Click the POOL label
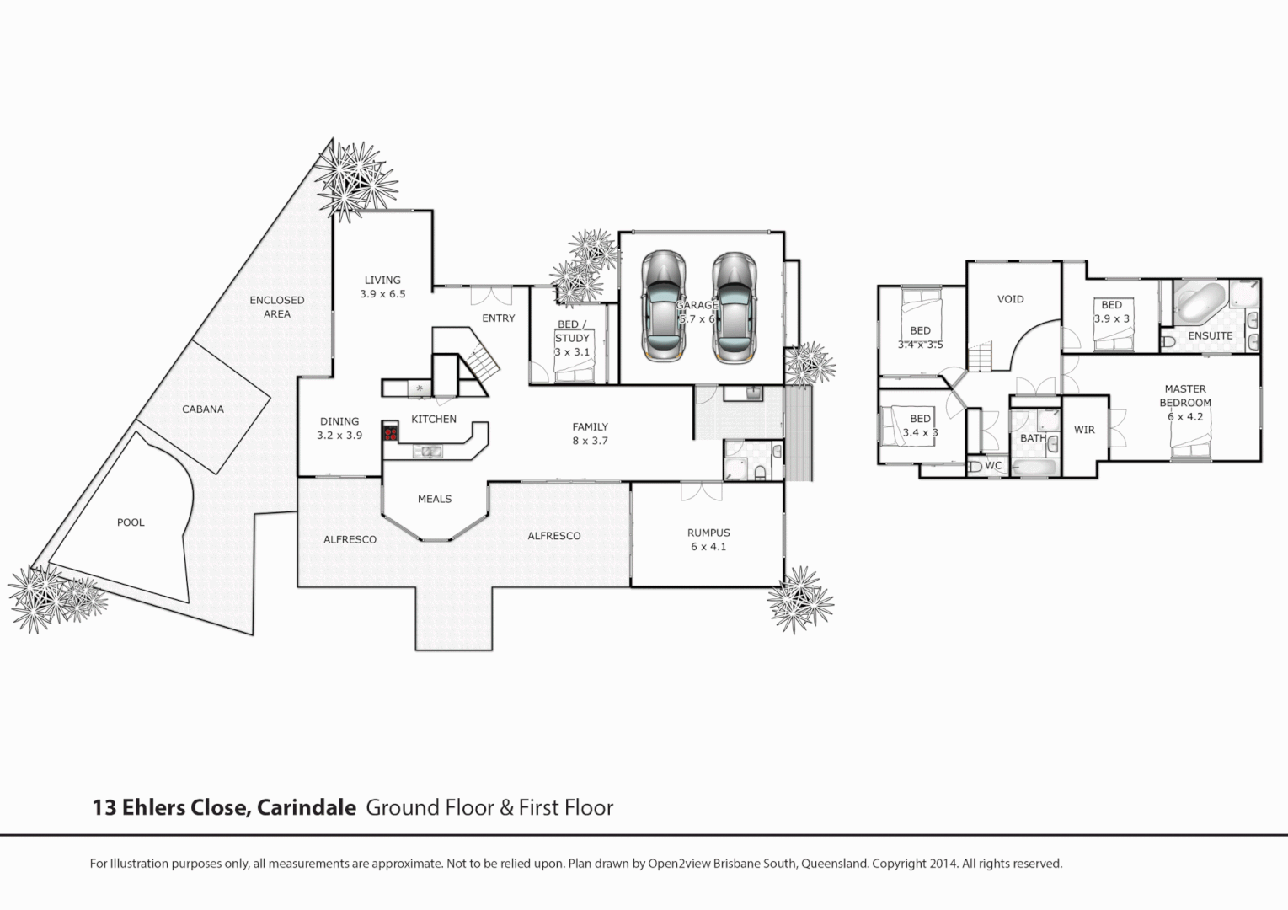tap(131, 522)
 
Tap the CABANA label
tap(203, 409)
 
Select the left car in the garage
tap(663, 305)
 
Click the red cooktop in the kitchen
tap(390, 433)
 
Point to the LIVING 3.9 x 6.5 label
tap(382, 287)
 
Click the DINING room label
tap(339, 428)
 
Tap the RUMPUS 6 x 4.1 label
tap(708, 539)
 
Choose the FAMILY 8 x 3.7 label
tap(590, 434)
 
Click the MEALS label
tap(435, 499)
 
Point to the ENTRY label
tap(498, 318)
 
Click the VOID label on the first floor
tap(1010, 299)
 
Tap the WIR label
tap(1084, 430)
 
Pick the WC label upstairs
tap(993, 465)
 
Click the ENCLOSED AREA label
tap(277, 307)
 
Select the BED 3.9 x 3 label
tap(1111, 312)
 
